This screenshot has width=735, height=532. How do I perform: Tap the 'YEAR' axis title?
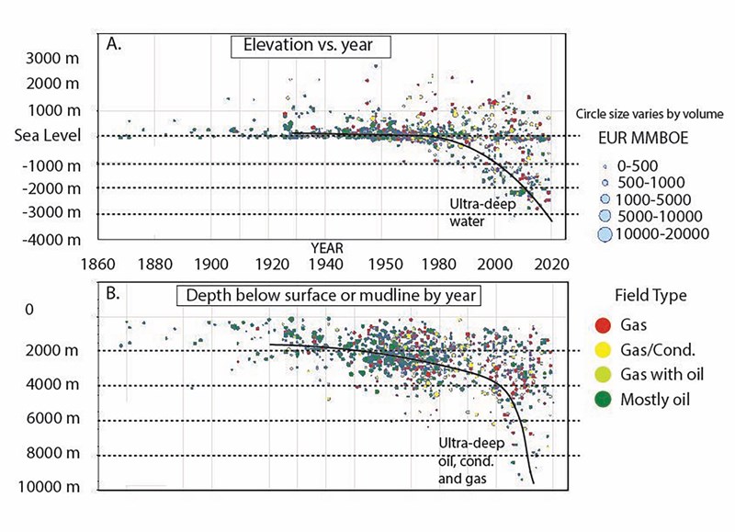coord(328,247)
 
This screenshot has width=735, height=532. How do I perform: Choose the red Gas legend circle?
coord(603,325)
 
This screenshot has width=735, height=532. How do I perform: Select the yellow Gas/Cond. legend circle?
coord(603,349)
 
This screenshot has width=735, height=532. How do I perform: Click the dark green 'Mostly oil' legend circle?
coord(603,398)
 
